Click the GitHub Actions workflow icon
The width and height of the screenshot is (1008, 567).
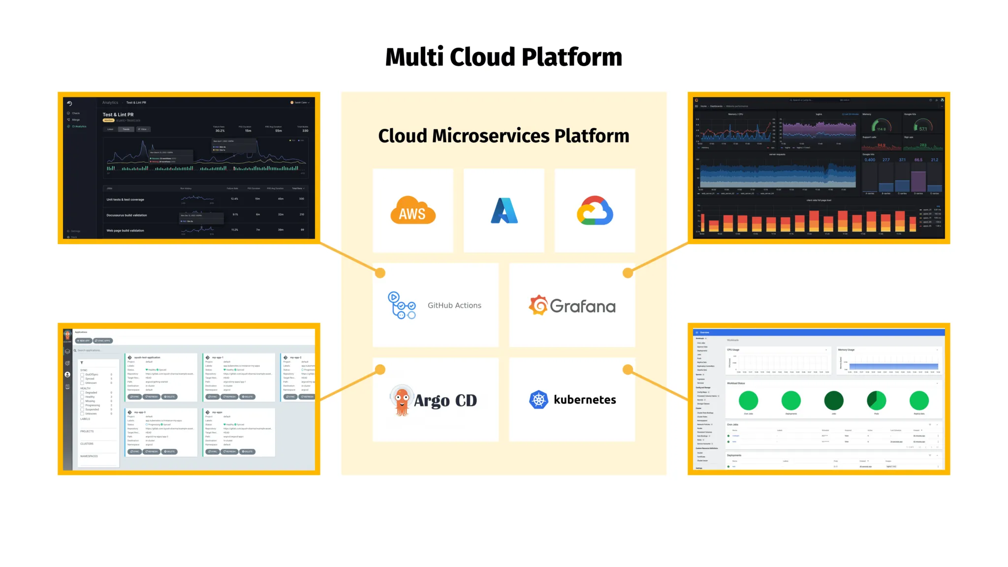click(401, 305)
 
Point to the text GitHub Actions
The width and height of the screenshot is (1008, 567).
click(454, 306)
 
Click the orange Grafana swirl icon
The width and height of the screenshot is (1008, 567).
click(538, 306)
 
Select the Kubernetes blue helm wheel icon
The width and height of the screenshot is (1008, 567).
click(538, 400)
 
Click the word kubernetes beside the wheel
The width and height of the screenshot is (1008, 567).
click(585, 400)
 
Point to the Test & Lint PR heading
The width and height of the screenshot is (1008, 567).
click(118, 115)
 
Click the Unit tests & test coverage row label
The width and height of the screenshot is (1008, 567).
click(125, 200)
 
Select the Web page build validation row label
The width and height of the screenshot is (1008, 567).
click(125, 230)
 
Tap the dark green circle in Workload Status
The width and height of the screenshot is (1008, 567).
click(834, 401)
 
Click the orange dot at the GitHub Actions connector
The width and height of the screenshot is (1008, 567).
click(380, 273)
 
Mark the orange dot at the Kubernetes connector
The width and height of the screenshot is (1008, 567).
click(628, 369)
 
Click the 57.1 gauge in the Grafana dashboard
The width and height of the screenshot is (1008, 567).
click(923, 126)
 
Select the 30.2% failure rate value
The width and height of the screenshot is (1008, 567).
click(220, 131)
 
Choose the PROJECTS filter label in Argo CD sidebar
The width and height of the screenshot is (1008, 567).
click(87, 431)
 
